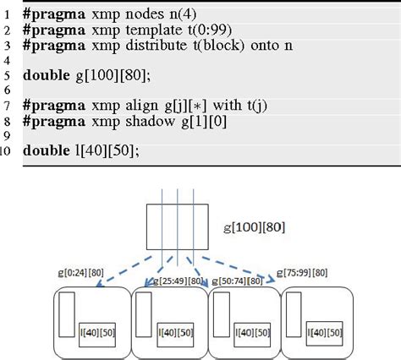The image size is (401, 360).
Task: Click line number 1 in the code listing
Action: tap(8, 14)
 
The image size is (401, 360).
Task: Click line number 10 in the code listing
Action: tap(8, 152)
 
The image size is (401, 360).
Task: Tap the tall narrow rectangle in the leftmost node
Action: tap(68, 318)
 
